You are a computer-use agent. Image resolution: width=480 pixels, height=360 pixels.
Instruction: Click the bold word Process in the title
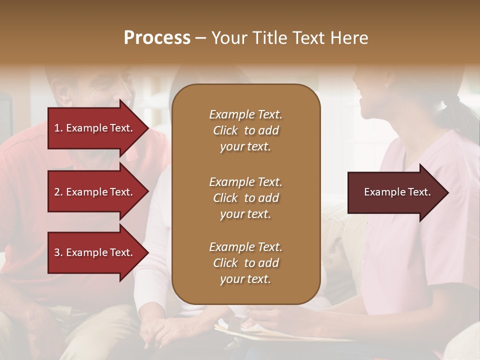coord(157,38)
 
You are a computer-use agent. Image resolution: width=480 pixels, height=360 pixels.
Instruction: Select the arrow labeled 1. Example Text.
coord(95,128)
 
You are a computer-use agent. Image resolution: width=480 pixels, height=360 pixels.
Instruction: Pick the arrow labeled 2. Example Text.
coord(95,192)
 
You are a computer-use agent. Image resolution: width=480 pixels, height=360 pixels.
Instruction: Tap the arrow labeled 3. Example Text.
coord(95,252)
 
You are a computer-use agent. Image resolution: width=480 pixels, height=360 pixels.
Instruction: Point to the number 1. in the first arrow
coord(58,128)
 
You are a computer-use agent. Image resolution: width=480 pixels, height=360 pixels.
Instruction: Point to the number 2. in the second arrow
coord(58,192)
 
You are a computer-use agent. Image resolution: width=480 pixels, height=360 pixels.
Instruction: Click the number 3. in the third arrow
coord(58,252)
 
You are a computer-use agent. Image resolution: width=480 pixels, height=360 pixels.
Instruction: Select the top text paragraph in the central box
coord(245,130)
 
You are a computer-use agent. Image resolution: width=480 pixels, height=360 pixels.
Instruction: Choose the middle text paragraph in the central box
coord(245,198)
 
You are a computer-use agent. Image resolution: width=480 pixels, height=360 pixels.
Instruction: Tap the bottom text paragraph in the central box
coord(245,263)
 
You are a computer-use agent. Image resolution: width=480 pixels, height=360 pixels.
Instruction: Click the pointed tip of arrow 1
coord(146,128)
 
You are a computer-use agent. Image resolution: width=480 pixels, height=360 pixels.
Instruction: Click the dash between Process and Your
coord(200,38)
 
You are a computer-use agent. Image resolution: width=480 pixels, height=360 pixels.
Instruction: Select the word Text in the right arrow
coord(419,192)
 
